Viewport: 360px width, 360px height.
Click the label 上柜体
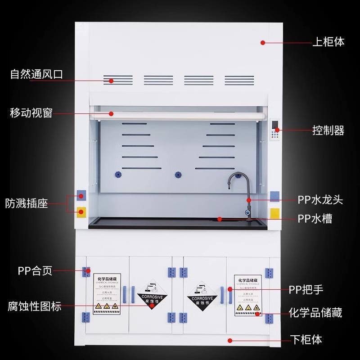coord(328,42)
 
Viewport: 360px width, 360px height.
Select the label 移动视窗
coord(31,112)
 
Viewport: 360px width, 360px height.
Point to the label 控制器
coord(328,130)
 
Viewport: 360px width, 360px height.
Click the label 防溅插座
coord(27,203)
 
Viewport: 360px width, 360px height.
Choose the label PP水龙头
coord(320,199)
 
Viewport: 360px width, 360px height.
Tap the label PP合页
coord(35,271)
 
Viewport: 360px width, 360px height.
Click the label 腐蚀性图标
coord(35,307)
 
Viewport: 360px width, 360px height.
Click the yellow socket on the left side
coord(81,211)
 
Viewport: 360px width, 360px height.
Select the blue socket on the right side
coord(275,195)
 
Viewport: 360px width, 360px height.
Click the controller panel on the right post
coord(274,130)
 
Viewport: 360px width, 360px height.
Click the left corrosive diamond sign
coord(153,297)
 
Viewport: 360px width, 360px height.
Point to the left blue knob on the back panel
coord(119,174)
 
